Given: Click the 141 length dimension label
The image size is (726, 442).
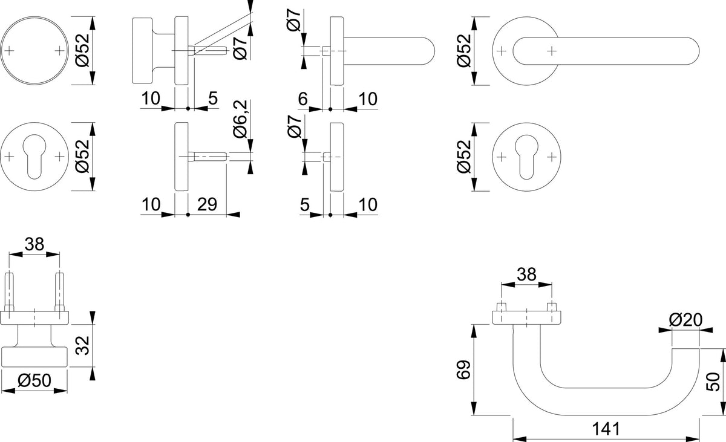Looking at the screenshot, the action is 606,429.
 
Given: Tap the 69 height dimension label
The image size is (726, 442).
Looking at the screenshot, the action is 463,369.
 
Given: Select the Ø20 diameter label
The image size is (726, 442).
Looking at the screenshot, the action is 685,320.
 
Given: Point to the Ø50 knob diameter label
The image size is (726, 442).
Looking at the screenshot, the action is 34,380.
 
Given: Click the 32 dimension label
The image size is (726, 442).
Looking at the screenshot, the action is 82,345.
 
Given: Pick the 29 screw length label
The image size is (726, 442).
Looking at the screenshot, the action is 207,204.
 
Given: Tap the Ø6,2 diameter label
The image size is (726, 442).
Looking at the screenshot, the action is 240,119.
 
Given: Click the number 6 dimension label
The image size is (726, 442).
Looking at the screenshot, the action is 302,99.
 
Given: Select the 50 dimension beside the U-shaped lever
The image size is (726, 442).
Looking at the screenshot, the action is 713,382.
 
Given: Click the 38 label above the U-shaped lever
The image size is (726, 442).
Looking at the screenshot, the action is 526,275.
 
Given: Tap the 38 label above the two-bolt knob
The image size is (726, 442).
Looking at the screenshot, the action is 34,244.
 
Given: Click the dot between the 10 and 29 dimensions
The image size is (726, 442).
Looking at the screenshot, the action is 188,215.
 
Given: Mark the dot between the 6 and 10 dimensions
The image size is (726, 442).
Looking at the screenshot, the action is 330,109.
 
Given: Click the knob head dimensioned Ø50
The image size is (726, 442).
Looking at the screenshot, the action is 34,357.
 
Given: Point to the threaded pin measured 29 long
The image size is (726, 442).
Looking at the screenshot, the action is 208,157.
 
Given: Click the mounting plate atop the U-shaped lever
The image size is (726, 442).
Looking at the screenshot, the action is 527,317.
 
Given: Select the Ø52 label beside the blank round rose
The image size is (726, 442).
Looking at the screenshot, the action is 82,50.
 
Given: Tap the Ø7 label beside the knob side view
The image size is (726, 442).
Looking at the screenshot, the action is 240,48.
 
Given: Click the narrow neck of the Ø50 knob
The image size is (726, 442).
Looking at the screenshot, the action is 34,336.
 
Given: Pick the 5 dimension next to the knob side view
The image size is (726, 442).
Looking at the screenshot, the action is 213,98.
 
